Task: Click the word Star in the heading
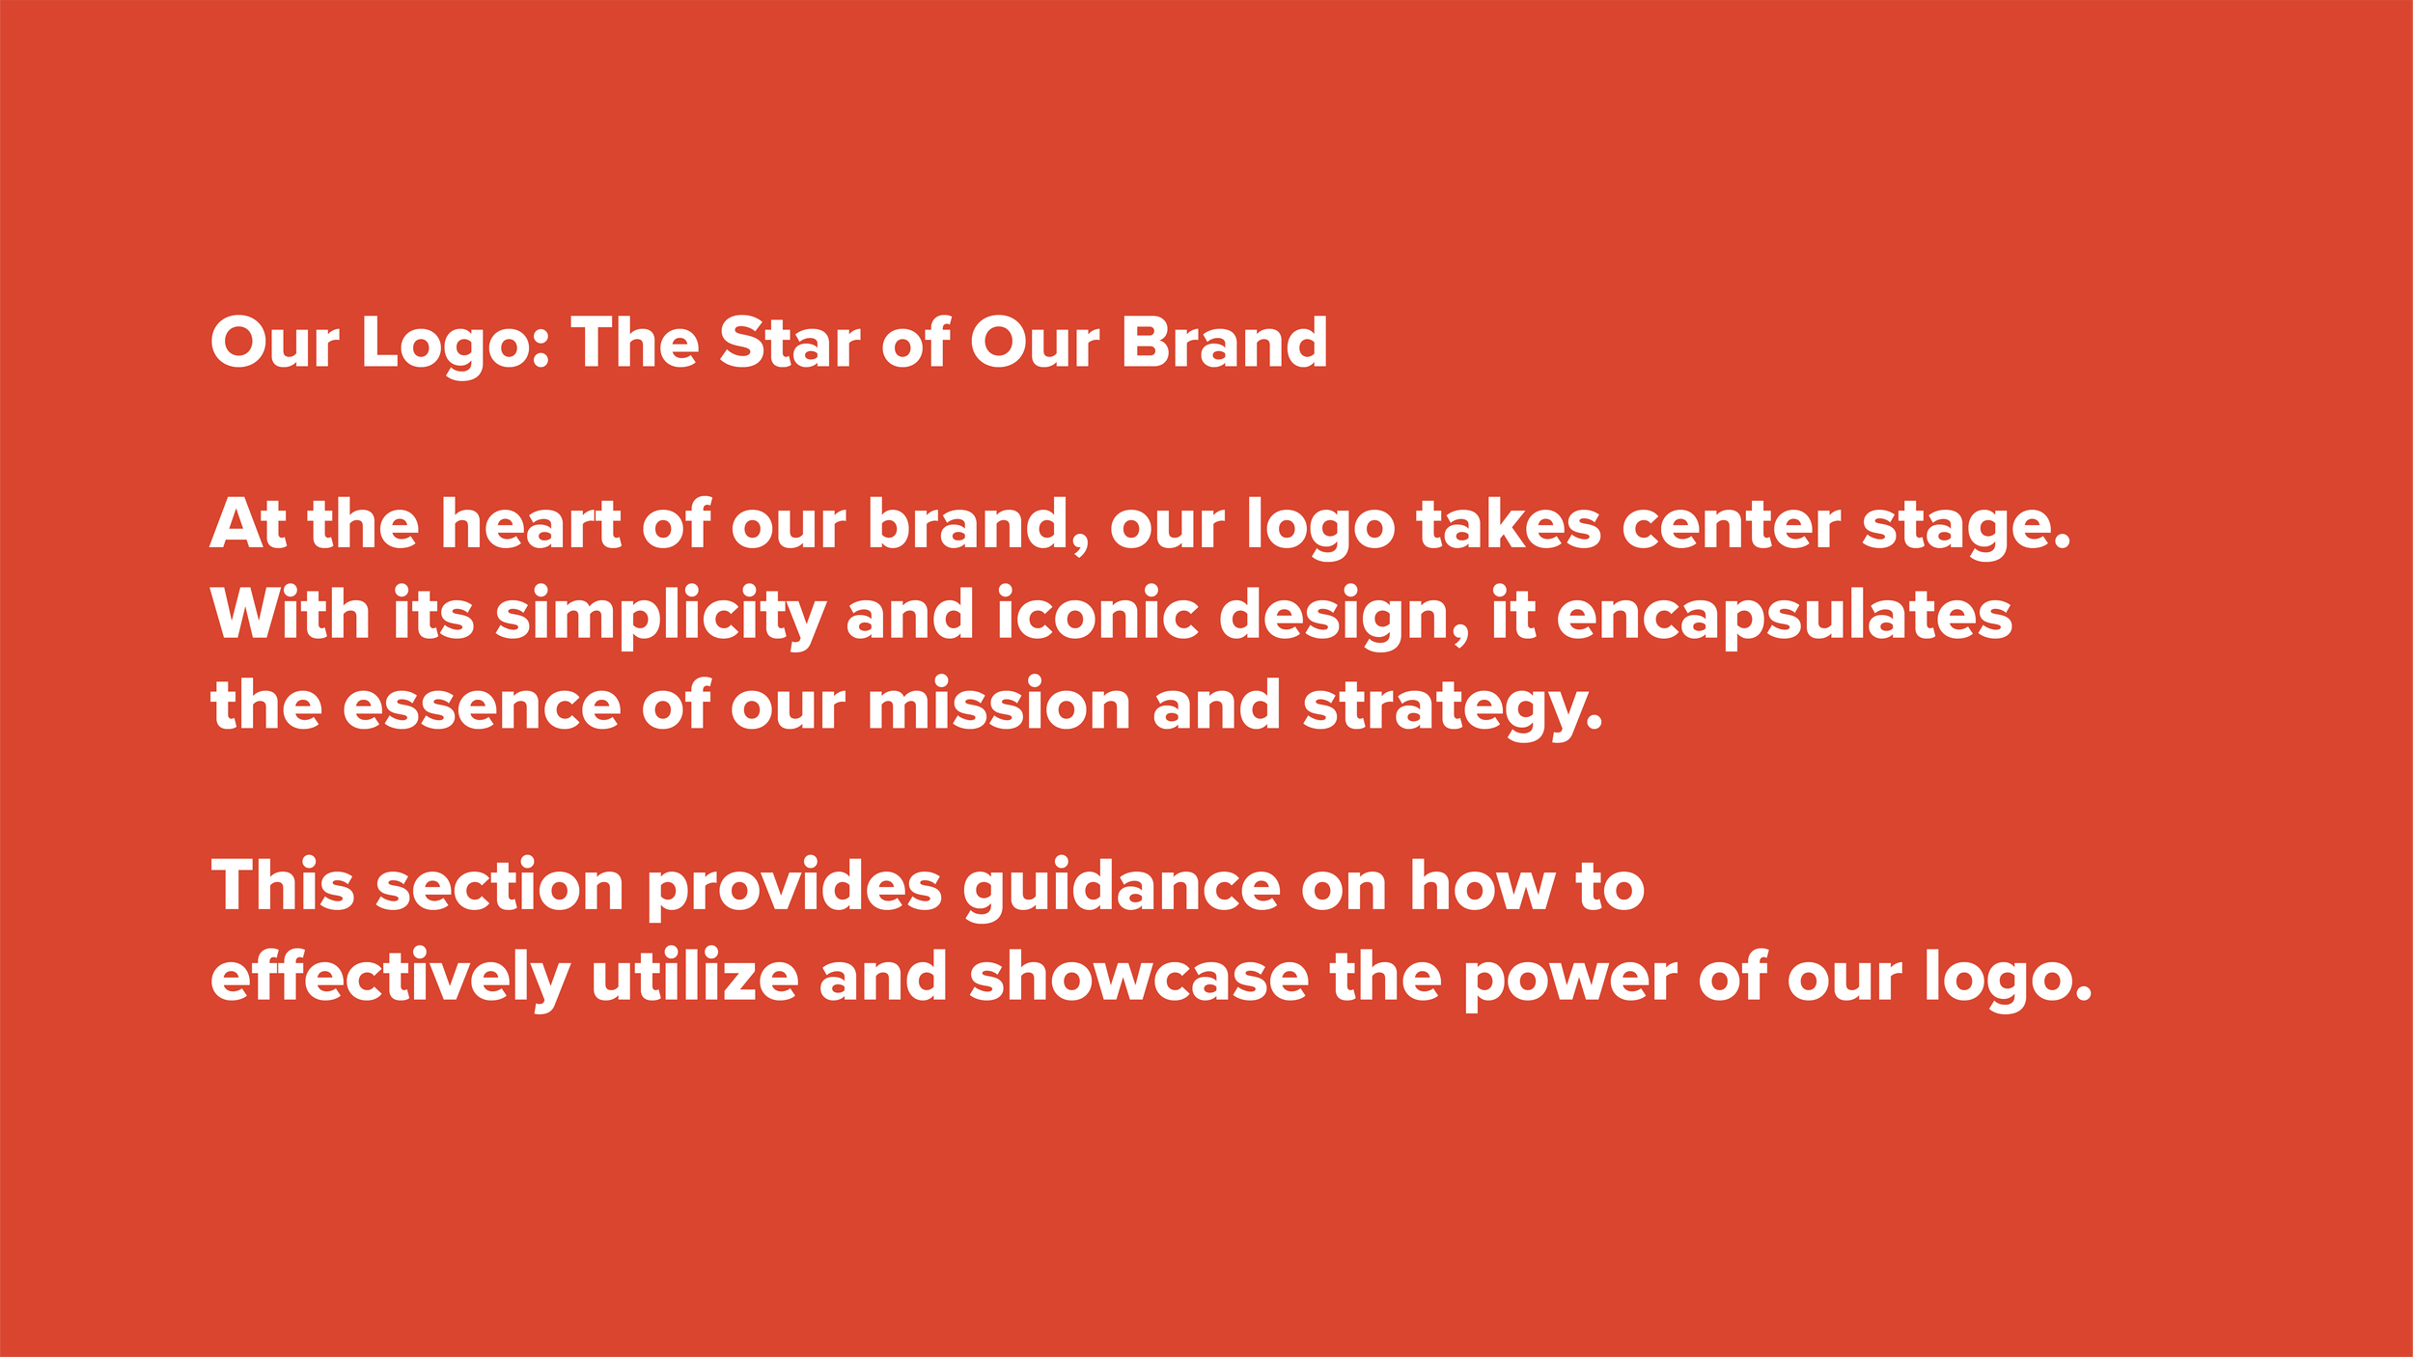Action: pyautogui.click(x=789, y=344)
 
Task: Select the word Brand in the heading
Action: pyautogui.click(x=1224, y=344)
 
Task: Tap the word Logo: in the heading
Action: pyautogui.click(x=455, y=346)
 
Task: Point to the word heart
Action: pyautogui.click(x=530, y=525)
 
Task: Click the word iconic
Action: pyautogui.click(x=1097, y=616)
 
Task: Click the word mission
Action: pyautogui.click(x=998, y=706)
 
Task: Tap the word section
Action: pyautogui.click(x=500, y=887)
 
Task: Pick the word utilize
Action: pyautogui.click(x=694, y=978)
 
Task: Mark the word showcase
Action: pyautogui.click(x=1138, y=978)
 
